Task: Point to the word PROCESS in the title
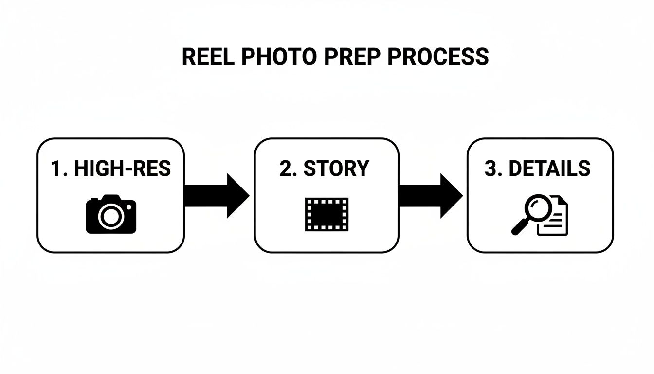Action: [437, 57]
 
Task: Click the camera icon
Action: [111, 214]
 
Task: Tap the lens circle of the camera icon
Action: [110, 216]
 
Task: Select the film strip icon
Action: [327, 214]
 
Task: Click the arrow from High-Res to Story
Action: [217, 195]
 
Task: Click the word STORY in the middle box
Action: [336, 168]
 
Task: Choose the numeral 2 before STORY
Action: [286, 168]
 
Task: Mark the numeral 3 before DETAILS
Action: [490, 168]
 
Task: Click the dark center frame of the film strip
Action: [327, 214]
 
